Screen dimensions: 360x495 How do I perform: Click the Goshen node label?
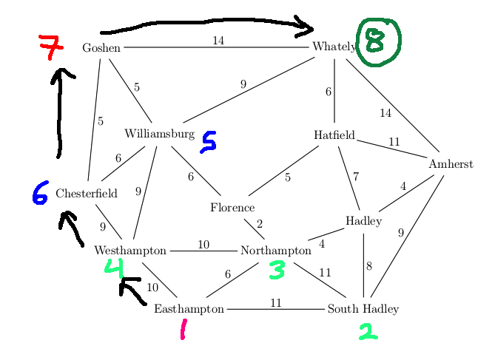point(101,48)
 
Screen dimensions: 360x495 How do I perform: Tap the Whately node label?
point(334,47)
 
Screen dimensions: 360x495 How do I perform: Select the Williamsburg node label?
point(159,134)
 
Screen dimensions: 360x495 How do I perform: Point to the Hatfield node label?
point(334,135)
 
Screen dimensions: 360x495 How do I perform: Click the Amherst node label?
point(451,164)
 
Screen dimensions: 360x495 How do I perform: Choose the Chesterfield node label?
point(87,194)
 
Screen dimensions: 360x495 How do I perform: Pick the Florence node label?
point(232,208)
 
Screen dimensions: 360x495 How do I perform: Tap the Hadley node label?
point(363,222)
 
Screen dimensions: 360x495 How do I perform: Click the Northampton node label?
point(276,251)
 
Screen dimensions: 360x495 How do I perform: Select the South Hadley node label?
point(363,309)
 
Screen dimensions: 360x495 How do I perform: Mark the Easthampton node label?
point(189,309)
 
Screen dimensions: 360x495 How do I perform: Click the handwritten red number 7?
point(50,47)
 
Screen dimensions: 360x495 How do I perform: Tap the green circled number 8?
point(377,41)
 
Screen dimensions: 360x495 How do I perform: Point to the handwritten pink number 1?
point(183,330)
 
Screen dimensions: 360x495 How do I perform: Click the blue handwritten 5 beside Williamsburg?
point(209,142)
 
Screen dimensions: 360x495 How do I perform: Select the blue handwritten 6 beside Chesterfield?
point(40,192)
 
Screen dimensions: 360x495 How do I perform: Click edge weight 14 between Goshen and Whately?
point(218,41)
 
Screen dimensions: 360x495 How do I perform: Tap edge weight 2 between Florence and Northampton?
point(260,224)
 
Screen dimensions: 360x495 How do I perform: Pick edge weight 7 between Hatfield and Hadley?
point(356,177)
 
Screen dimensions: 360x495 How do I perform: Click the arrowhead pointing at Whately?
point(305,27)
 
